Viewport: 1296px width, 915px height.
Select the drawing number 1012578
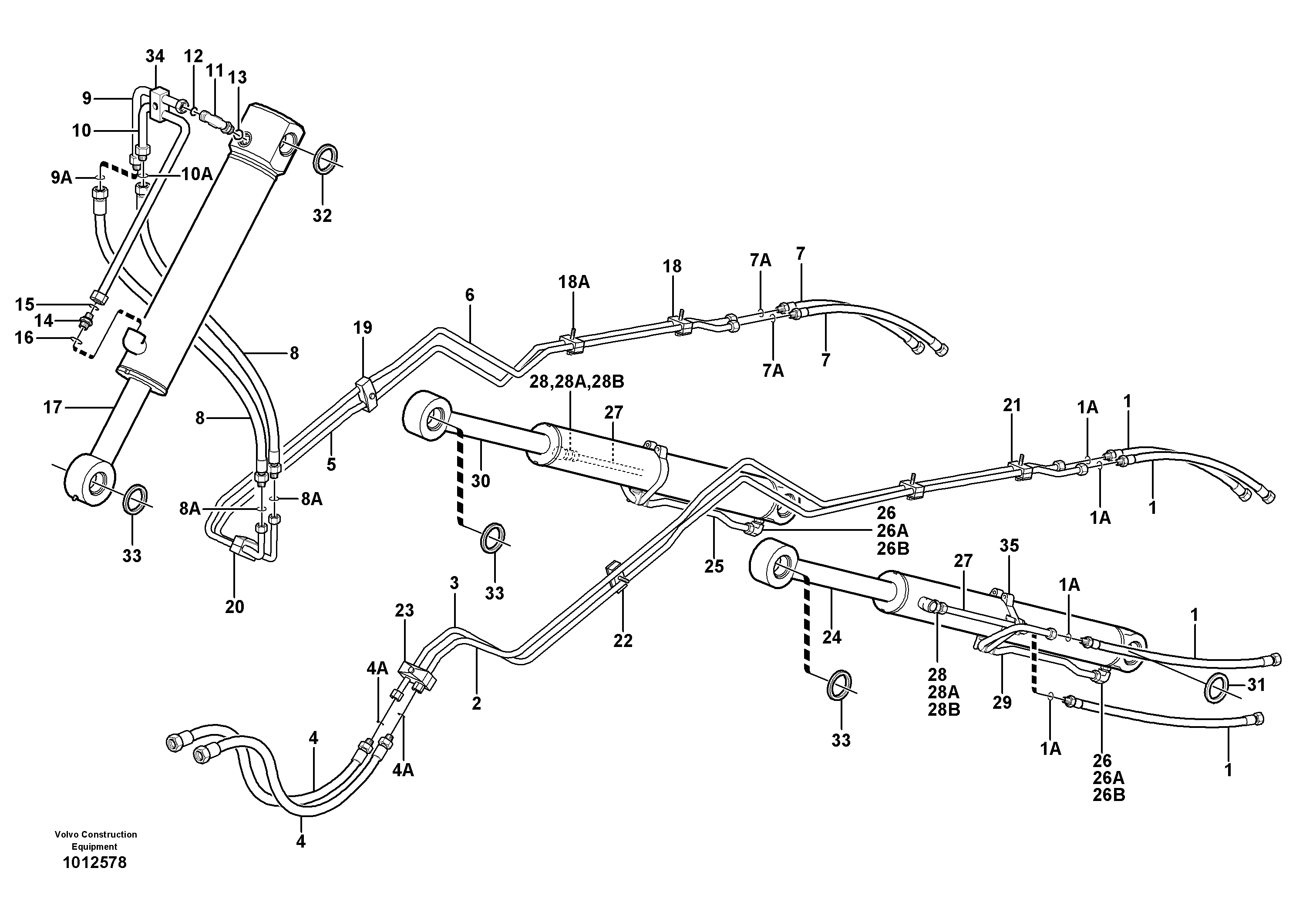click(x=95, y=863)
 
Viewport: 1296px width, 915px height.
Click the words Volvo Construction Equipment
click(x=95, y=840)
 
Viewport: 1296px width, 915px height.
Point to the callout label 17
click(x=53, y=407)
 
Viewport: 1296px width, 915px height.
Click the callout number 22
click(x=623, y=640)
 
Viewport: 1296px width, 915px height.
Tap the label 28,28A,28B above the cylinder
click(x=576, y=382)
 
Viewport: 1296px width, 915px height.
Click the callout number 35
click(x=1009, y=546)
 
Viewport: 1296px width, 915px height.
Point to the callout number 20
click(x=235, y=607)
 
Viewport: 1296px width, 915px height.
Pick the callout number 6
click(x=470, y=295)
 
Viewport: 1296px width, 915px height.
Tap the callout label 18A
click(x=574, y=282)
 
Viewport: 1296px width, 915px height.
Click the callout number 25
click(x=714, y=566)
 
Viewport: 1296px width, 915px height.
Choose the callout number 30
click(x=480, y=481)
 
